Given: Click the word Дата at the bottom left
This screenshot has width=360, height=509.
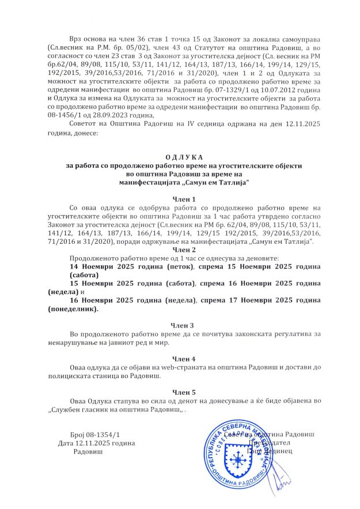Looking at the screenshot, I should click(66, 443).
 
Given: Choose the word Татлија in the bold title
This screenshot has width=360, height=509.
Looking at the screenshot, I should click(228, 182).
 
